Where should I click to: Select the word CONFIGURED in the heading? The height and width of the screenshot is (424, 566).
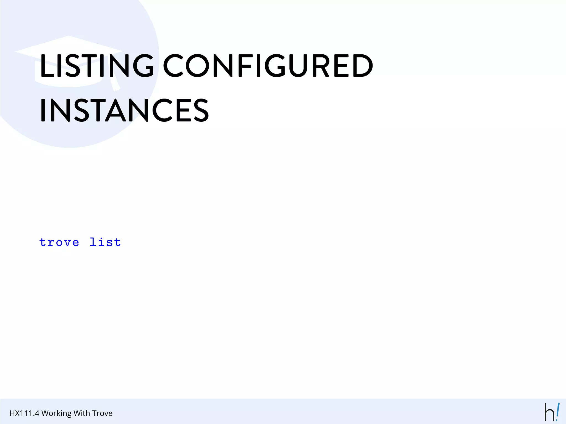coord(268,65)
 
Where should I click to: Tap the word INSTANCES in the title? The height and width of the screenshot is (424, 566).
coord(124,110)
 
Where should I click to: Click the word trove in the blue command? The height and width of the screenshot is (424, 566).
coord(59,242)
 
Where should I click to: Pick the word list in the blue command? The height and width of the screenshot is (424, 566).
coord(105,242)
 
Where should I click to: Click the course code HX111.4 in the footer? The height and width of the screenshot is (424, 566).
coord(24,413)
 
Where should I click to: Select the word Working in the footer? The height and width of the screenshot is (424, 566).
coord(57,413)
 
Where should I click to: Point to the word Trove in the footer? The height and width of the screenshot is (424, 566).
coord(103,413)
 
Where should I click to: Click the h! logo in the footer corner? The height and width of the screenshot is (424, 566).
coord(552,412)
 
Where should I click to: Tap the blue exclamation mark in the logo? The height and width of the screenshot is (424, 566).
coord(557,411)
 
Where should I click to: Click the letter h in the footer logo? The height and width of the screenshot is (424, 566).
coord(549,413)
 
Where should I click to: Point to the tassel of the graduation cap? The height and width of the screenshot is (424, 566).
coord(115,84)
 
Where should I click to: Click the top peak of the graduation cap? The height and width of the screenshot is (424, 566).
coord(68,36)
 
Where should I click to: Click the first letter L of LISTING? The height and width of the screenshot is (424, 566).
coord(46,65)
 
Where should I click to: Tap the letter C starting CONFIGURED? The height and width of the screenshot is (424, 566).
coord(173,65)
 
